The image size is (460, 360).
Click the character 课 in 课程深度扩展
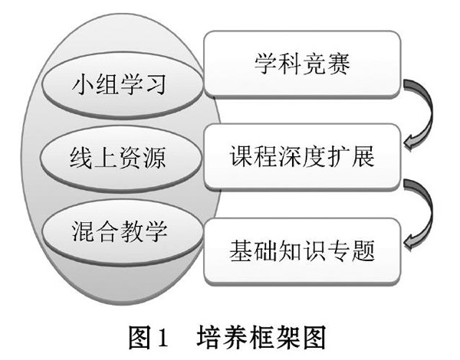click(241, 156)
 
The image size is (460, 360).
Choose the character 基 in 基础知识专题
click(241, 250)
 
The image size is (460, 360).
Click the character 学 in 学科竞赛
click(265, 64)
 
